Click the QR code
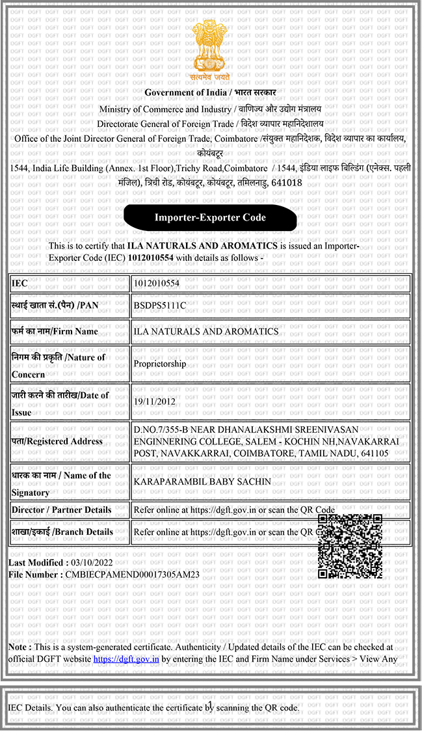(350, 546)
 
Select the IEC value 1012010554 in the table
(156, 284)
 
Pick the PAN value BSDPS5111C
(159, 305)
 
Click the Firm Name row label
(55, 331)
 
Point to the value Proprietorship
(159, 364)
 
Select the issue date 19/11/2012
(155, 401)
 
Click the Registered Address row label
(57, 441)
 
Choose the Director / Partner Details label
(61, 510)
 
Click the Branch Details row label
(62, 532)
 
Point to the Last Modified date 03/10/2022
(92, 562)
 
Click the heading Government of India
(183, 93)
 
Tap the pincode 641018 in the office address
(286, 183)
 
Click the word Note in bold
(19, 647)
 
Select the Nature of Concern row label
(58, 365)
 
